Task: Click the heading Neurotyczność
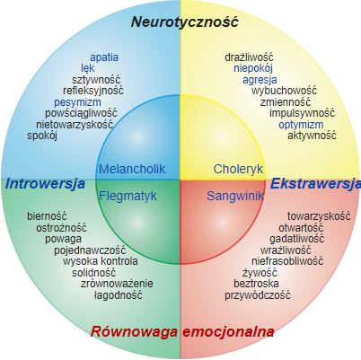pos(185,22)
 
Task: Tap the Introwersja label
pos(45,184)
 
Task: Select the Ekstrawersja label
pos(315,184)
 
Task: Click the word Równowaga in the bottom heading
pos(134,332)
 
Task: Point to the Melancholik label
pos(132,169)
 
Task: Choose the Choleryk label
pos(238,169)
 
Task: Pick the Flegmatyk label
pos(128,197)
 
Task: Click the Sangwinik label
pos(235,197)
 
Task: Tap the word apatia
pos(104,57)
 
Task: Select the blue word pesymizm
pos(77,102)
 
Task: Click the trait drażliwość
pos(249,57)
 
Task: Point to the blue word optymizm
pos(301,125)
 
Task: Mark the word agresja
pos(260,80)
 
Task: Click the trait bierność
pos(47,215)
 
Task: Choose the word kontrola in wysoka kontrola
pos(119,261)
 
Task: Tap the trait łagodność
pos(118,295)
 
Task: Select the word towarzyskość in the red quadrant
pos(319,216)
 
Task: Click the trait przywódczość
pos(258,295)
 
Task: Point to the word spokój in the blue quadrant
pos(42,136)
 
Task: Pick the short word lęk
pos(88,69)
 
